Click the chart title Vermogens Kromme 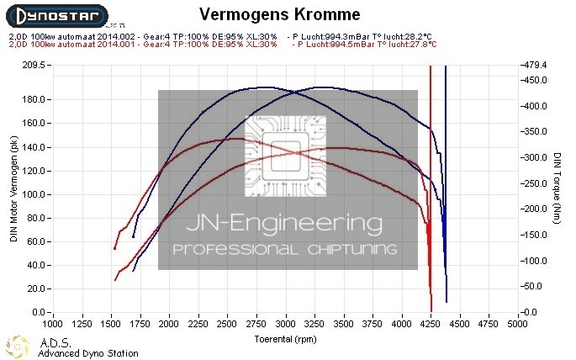(270, 14)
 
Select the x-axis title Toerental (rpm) (286, 339)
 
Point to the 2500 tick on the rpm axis (228, 322)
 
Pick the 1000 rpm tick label (53, 322)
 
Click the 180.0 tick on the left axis (34, 99)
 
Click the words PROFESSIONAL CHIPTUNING (288, 250)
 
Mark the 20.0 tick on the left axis (36, 289)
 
